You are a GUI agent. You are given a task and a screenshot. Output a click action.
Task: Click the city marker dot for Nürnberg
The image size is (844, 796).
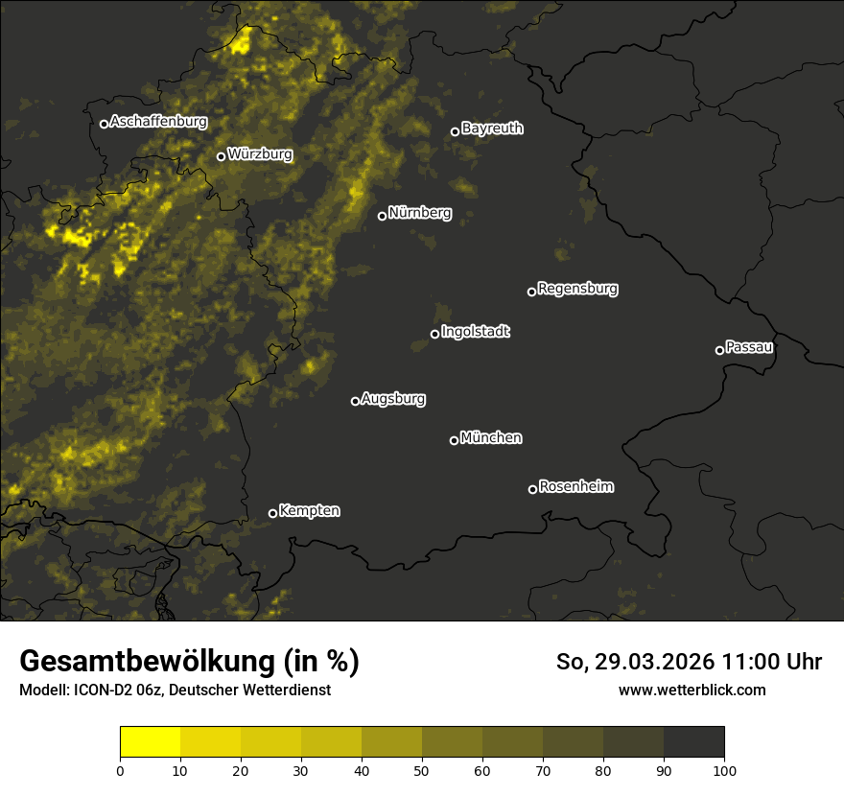tap(382, 216)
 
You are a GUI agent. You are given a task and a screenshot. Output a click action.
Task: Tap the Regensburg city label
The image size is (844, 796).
tap(577, 288)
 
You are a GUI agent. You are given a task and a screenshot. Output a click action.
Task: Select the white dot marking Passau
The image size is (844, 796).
tap(719, 350)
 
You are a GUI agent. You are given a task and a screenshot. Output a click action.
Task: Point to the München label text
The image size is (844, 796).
tap(491, 437)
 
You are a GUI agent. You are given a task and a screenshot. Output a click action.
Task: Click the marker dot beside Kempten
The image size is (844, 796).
tap(272, 513)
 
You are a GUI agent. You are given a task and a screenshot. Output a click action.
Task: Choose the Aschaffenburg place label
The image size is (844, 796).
tap(158, 122)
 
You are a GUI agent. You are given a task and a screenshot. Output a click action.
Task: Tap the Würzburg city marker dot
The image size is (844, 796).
tap(221, 156)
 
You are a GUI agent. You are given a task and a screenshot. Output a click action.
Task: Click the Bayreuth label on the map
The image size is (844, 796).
tap(492, 128)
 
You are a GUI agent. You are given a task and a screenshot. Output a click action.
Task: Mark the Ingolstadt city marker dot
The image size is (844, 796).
tap(434, 334)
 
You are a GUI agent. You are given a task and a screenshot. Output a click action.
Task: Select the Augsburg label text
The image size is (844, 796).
tap(393, 398)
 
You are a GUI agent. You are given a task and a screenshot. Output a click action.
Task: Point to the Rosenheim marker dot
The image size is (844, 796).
tap(532, 490)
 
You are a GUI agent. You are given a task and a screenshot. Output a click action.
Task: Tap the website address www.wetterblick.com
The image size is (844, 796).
tap(692, 690)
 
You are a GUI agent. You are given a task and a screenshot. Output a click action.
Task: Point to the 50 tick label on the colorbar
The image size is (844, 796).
tap(422, 770)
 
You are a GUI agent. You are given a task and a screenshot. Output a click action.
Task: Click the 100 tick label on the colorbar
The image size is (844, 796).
tap(724, 770)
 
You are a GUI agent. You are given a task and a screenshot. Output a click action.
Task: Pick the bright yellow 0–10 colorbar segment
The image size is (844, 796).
tap(151, 742)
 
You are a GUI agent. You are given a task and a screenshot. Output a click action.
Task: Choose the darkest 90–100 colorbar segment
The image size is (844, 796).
tap(693, 742)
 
